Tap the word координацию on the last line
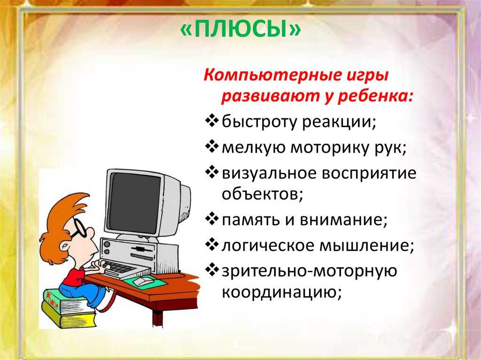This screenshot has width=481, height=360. coord(280,292)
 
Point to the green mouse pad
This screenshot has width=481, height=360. coord(146,282)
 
